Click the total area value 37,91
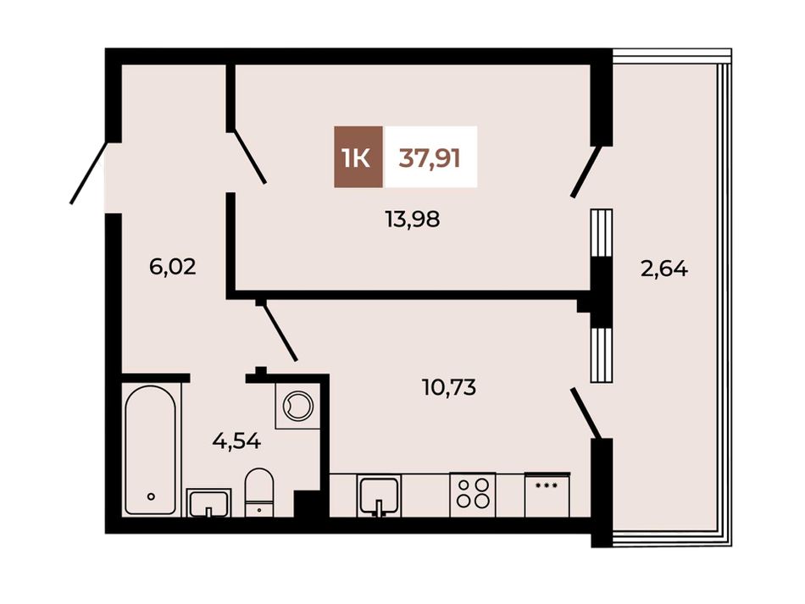430,158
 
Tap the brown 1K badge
358,157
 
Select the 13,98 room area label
413,220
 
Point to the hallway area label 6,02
173,267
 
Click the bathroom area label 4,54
236,441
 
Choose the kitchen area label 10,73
449,387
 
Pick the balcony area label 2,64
664,269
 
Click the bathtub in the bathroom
151,450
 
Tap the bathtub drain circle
151,496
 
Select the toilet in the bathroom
259,492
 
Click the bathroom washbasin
208,503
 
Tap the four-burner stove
472,495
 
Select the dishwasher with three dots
547,495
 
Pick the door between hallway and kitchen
279,330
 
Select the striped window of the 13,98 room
601,232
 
